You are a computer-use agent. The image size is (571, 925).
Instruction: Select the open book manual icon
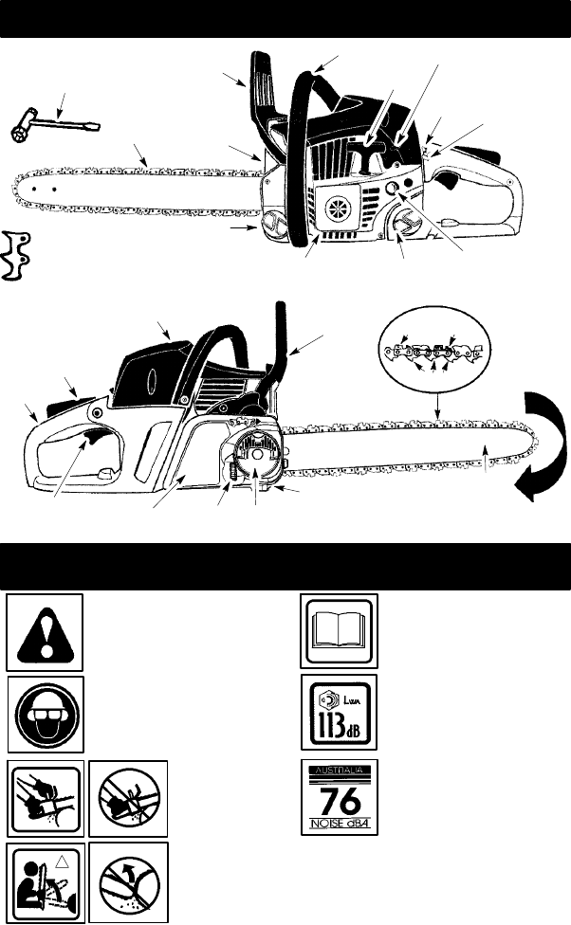tap(339, 629)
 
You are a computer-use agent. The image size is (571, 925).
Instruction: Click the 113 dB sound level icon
tap(339, 713)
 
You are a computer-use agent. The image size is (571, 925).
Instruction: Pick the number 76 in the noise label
tap(339, 797)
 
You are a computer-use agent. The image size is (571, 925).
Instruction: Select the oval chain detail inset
tap(435, 354)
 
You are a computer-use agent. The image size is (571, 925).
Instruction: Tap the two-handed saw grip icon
tap(46, 797)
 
